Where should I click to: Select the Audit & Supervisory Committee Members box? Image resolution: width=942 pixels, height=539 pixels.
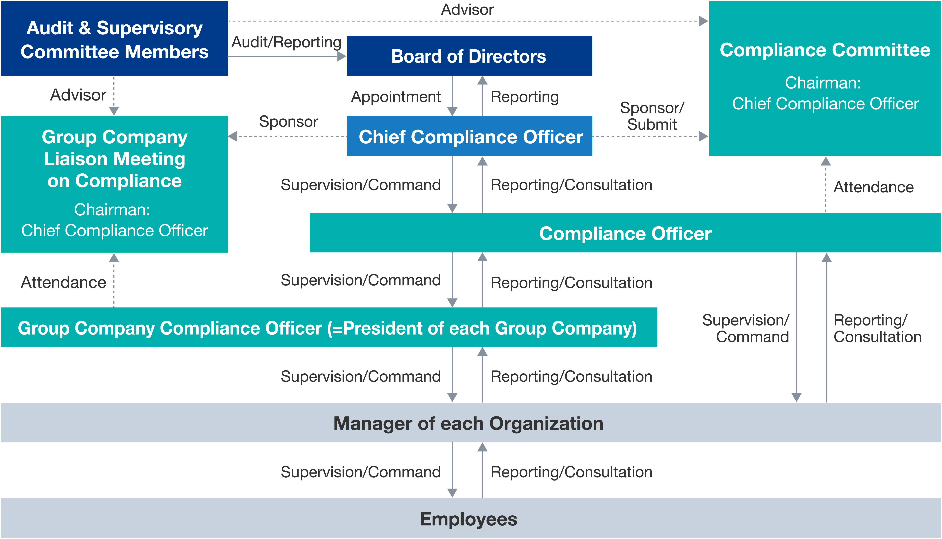114,39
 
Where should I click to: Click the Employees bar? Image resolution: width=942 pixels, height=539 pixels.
471,518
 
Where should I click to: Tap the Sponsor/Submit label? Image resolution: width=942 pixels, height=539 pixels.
652,116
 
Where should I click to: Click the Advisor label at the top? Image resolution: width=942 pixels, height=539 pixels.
467,10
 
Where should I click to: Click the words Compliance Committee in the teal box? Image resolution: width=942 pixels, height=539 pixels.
825,50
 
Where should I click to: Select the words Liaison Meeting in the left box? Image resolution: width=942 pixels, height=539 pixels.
114,159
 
